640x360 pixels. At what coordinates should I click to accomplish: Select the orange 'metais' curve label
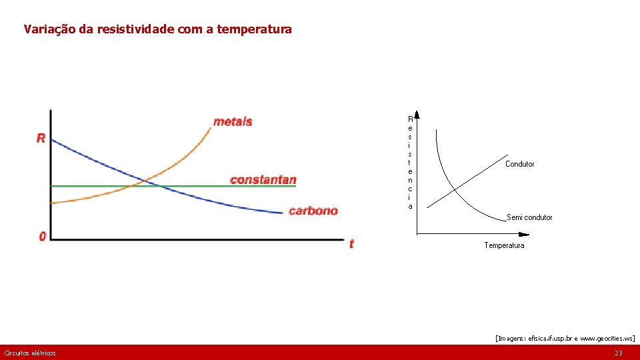coord(233,121)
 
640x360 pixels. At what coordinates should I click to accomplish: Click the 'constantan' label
coord(263,180)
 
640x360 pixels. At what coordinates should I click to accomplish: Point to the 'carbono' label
coord(313,211)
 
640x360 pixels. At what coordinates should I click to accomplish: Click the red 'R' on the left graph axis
coord(41,139)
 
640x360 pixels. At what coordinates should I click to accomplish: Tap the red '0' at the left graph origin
coord(43,237)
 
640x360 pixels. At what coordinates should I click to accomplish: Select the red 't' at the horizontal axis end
coord(351,244)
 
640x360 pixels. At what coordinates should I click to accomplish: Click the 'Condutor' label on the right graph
coord(519,164)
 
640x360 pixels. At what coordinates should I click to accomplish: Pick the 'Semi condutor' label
coord(529,217)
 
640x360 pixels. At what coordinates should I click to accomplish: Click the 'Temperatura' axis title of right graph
coord(504,245)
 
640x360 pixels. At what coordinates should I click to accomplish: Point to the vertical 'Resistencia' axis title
coord(410,162)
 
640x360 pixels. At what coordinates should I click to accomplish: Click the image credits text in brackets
coord(565,339)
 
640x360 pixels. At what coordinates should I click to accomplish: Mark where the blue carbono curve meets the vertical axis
coord(52,139)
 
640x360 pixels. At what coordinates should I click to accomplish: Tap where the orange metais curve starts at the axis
coord(52,203)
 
